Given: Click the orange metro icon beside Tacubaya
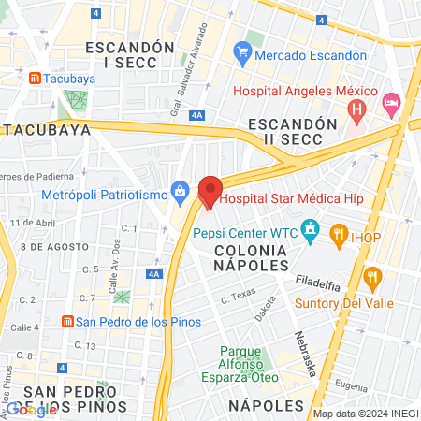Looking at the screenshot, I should coord(35,79).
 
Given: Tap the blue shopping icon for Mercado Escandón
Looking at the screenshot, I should coord(242,54).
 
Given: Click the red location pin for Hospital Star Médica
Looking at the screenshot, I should coord(210,192).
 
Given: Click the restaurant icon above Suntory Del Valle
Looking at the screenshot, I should coord(372,277).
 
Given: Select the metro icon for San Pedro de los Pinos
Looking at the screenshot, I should coord(66,322).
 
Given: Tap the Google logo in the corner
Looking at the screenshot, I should coord(32,409).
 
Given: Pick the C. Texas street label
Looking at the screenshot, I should coord(238,297).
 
